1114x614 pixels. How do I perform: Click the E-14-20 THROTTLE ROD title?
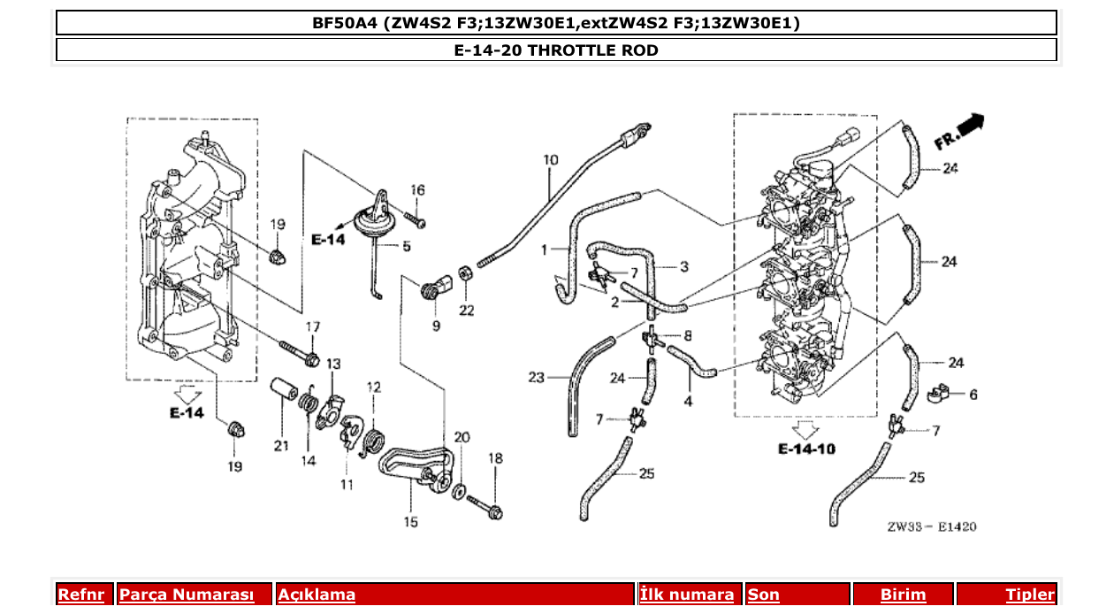coord(556,50)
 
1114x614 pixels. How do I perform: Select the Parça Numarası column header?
coord(187,595)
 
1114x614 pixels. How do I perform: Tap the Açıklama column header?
coord(317,595)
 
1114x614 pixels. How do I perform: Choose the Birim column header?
coord(903,595)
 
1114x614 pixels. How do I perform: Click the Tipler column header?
coord(1030,595)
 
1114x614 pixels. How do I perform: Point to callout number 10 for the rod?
coord(551,161)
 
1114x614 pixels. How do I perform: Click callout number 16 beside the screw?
coord(417,190)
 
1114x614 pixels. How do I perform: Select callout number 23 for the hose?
coord(537,378)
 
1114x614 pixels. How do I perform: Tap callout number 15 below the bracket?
coord(411,522)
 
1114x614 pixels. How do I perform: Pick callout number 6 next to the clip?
coord(973,395)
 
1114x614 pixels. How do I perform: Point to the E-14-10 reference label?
coord(806,449)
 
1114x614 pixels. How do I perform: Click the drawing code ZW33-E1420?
coord(932,526)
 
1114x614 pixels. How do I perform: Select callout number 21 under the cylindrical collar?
coord(281,446)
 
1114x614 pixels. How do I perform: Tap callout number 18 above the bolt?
coord(495,458)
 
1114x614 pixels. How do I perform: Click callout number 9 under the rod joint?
coord(436,326)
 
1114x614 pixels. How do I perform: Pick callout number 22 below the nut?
coord(466,310)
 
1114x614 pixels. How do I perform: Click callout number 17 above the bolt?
coord(313,327)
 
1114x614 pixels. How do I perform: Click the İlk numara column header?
coord(687,595)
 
